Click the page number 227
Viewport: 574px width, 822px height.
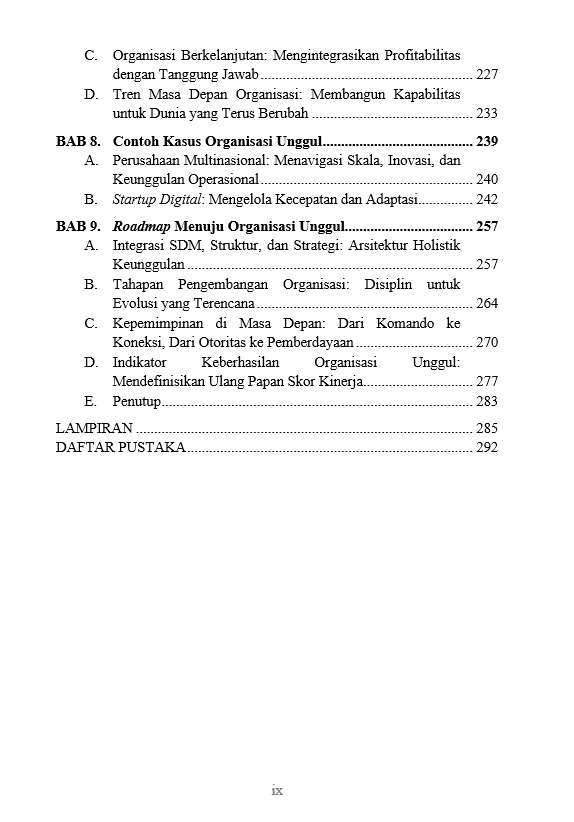pos(487,75)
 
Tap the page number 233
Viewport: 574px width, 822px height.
pos(487,114)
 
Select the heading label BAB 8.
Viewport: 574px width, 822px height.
pos(78,141)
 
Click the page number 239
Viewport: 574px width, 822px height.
pos(487,141)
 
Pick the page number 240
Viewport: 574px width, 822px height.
pos(487,180)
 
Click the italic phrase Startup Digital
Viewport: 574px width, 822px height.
pos(152,200)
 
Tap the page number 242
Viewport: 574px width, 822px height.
pos(487,200)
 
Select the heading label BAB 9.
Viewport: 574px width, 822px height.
pos(78,227)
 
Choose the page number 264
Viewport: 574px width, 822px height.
pos(487,304)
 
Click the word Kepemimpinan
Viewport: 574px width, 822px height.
pos(159,324)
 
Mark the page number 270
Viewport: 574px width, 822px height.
pos(487,343)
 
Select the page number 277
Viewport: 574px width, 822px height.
pos(487,382)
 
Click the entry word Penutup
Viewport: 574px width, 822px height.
pos(136,402)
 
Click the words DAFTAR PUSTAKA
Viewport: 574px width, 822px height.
pos(120,448)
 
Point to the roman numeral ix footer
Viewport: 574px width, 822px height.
pos(277,790)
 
